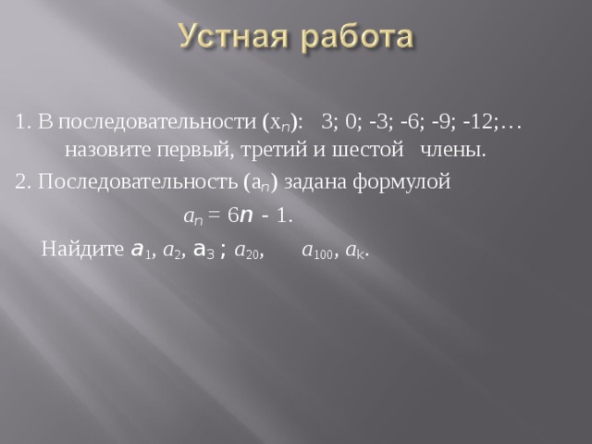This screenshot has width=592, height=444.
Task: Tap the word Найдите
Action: (83, 250)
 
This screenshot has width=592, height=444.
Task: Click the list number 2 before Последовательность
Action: (20, 181)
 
